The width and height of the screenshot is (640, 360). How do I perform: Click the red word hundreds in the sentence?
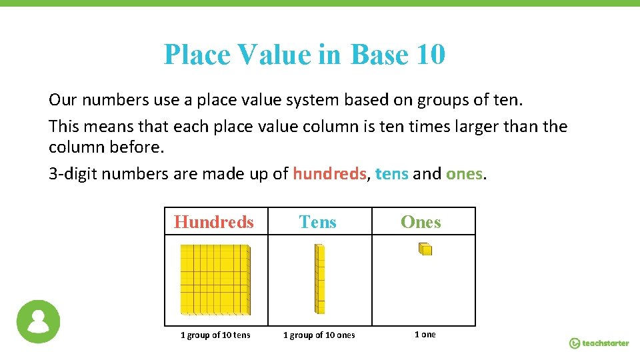tap(329, 174)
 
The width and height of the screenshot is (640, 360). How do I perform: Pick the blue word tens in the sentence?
tap(392, 174)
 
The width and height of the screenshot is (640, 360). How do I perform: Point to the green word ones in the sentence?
tap(465, 174)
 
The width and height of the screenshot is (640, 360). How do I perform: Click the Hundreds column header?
tap(214, 222)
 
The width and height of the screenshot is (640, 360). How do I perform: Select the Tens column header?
tap(318, 222)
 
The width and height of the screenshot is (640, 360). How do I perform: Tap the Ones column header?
tap(421, 222)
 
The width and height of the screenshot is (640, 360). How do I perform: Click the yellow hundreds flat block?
tap(215, 279)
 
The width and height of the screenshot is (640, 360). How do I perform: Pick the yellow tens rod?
tap(319, 279)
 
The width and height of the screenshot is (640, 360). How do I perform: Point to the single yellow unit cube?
tap(425, 249)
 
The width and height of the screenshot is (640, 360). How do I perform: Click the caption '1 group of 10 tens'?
tap(215, 335)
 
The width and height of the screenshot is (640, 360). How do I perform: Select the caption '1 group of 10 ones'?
tap(319, 335)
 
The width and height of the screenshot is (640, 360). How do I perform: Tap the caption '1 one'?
tap(425, 334)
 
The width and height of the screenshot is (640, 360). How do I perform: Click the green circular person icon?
tap(38, 321)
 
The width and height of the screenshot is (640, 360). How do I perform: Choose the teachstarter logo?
tap(599, 343)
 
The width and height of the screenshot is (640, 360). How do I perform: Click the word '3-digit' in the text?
tap(70, 174)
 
